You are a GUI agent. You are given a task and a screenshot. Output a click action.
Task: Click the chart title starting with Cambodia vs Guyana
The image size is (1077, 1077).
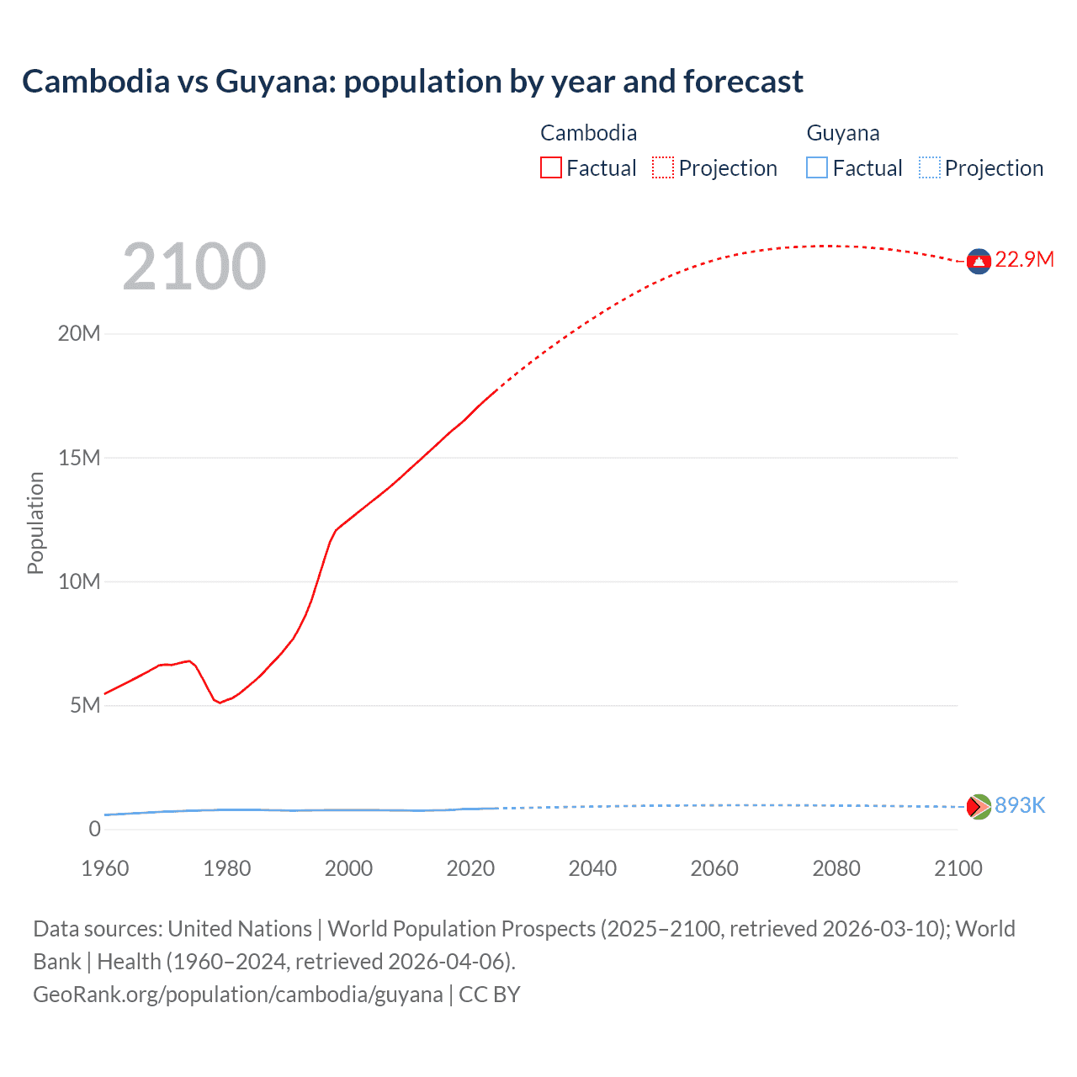coord(412,82)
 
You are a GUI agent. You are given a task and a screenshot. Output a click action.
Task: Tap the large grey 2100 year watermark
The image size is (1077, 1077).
coord(194,267)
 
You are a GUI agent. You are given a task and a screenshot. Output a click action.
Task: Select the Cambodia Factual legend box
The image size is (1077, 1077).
coord(550,167)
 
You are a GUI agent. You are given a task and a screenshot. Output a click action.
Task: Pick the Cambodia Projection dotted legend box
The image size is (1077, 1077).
coord(663,167)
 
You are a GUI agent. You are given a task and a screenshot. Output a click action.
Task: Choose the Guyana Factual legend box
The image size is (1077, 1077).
coord(817,167)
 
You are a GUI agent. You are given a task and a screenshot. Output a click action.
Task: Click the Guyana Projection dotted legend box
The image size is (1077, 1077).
coord(930,167)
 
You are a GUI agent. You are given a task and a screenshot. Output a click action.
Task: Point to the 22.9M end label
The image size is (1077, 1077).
coord(1024,259)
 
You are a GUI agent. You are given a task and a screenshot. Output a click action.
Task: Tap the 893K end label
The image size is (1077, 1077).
coord(1020,805)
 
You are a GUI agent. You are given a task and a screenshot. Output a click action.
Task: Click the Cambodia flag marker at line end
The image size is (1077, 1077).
coord(979,262)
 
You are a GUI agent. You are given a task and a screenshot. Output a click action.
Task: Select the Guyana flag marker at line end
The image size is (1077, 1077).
coord(979,807)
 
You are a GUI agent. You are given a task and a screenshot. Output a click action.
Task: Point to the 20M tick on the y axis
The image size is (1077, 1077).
coord(79,333)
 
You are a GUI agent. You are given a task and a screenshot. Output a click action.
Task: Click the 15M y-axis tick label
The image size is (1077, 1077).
coord(79,458)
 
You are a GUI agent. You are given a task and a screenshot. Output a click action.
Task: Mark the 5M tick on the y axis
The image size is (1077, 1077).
coord(85,705)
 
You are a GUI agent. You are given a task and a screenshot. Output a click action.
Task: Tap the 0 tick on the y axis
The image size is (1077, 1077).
coord(94,829)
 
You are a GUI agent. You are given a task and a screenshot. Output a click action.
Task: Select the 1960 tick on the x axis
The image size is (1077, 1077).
coord(105,868)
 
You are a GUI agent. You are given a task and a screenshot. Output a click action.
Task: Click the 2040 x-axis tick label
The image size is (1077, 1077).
coord(592,868)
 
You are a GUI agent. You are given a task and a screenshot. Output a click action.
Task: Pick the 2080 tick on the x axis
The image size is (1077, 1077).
coord(836,868)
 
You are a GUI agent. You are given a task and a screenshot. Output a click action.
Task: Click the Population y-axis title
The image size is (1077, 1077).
coord(35,523)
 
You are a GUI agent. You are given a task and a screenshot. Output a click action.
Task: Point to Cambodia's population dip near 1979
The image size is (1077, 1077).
coord(220,702)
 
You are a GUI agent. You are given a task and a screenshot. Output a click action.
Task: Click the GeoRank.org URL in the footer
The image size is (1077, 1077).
coord(238,995)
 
